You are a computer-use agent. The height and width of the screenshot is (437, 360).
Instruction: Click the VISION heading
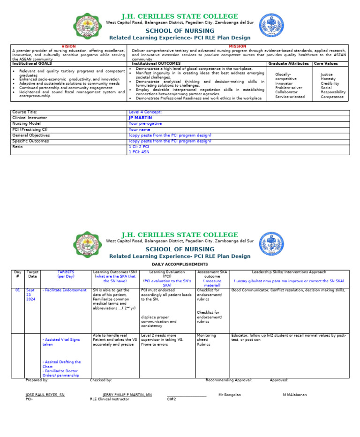68,46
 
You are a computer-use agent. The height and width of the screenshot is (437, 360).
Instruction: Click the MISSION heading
237,46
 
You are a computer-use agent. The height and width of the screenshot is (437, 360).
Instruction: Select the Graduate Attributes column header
288,63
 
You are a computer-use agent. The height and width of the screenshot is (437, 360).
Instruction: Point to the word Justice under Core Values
327,74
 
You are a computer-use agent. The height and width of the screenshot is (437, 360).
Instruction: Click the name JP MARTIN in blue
140,118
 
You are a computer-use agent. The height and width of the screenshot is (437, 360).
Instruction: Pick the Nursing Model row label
26,124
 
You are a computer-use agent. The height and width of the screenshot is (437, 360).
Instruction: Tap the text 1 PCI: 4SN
139,152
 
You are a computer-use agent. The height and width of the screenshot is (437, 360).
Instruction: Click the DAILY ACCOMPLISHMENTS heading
180,264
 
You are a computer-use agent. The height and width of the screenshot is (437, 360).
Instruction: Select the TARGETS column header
66,272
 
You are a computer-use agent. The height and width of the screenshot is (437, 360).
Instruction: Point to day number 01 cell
17,290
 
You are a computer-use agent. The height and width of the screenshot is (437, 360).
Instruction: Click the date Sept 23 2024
31,294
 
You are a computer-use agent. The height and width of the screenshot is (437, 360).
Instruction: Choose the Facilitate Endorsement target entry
65,290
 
